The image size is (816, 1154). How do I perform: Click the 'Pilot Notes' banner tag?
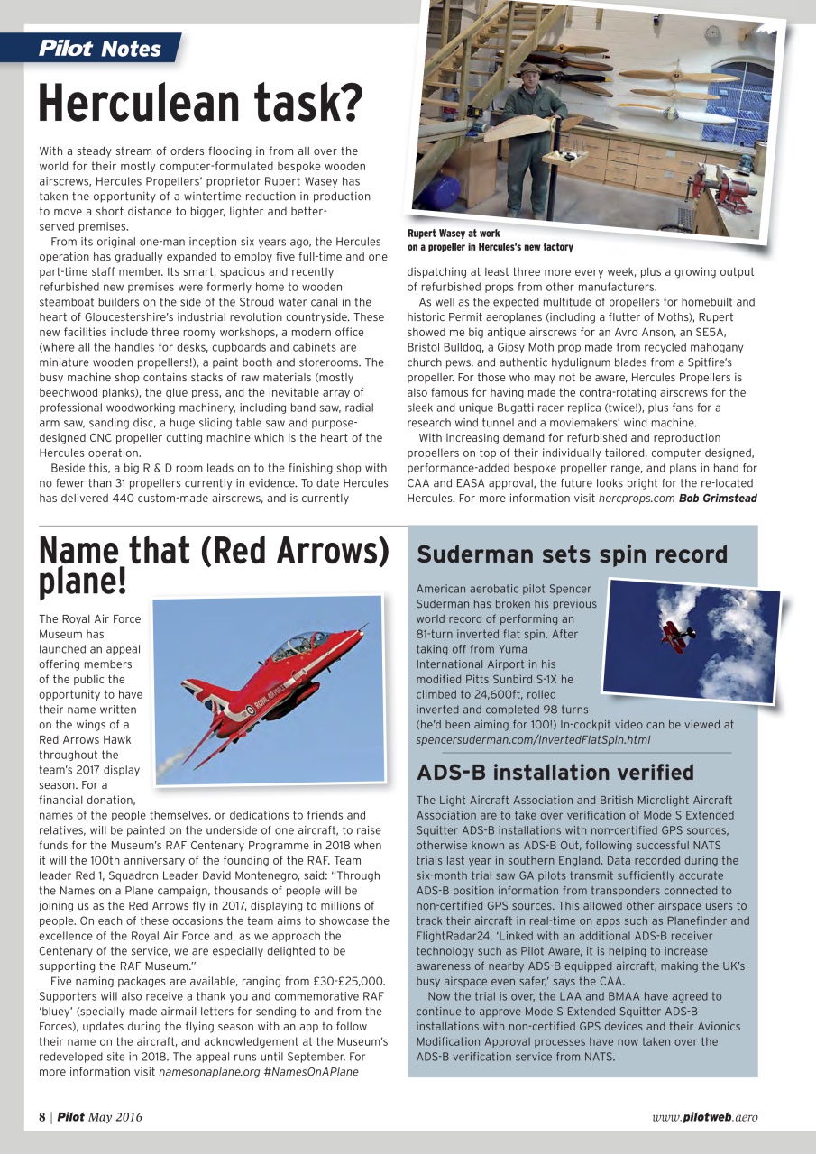click(x=100, y=49)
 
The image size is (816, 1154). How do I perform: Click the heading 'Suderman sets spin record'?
click(x=572, y=554)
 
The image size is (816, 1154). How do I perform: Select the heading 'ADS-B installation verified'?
click(x=555, y=773)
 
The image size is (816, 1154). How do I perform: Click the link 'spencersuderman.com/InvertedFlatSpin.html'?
click(x=533, y=740)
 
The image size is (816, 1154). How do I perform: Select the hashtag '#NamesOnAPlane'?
click(x=312, y=1072)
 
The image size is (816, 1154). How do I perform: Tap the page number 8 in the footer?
click(x=42, y=1117)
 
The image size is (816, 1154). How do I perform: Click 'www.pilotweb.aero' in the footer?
click(x=704, y=1117)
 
